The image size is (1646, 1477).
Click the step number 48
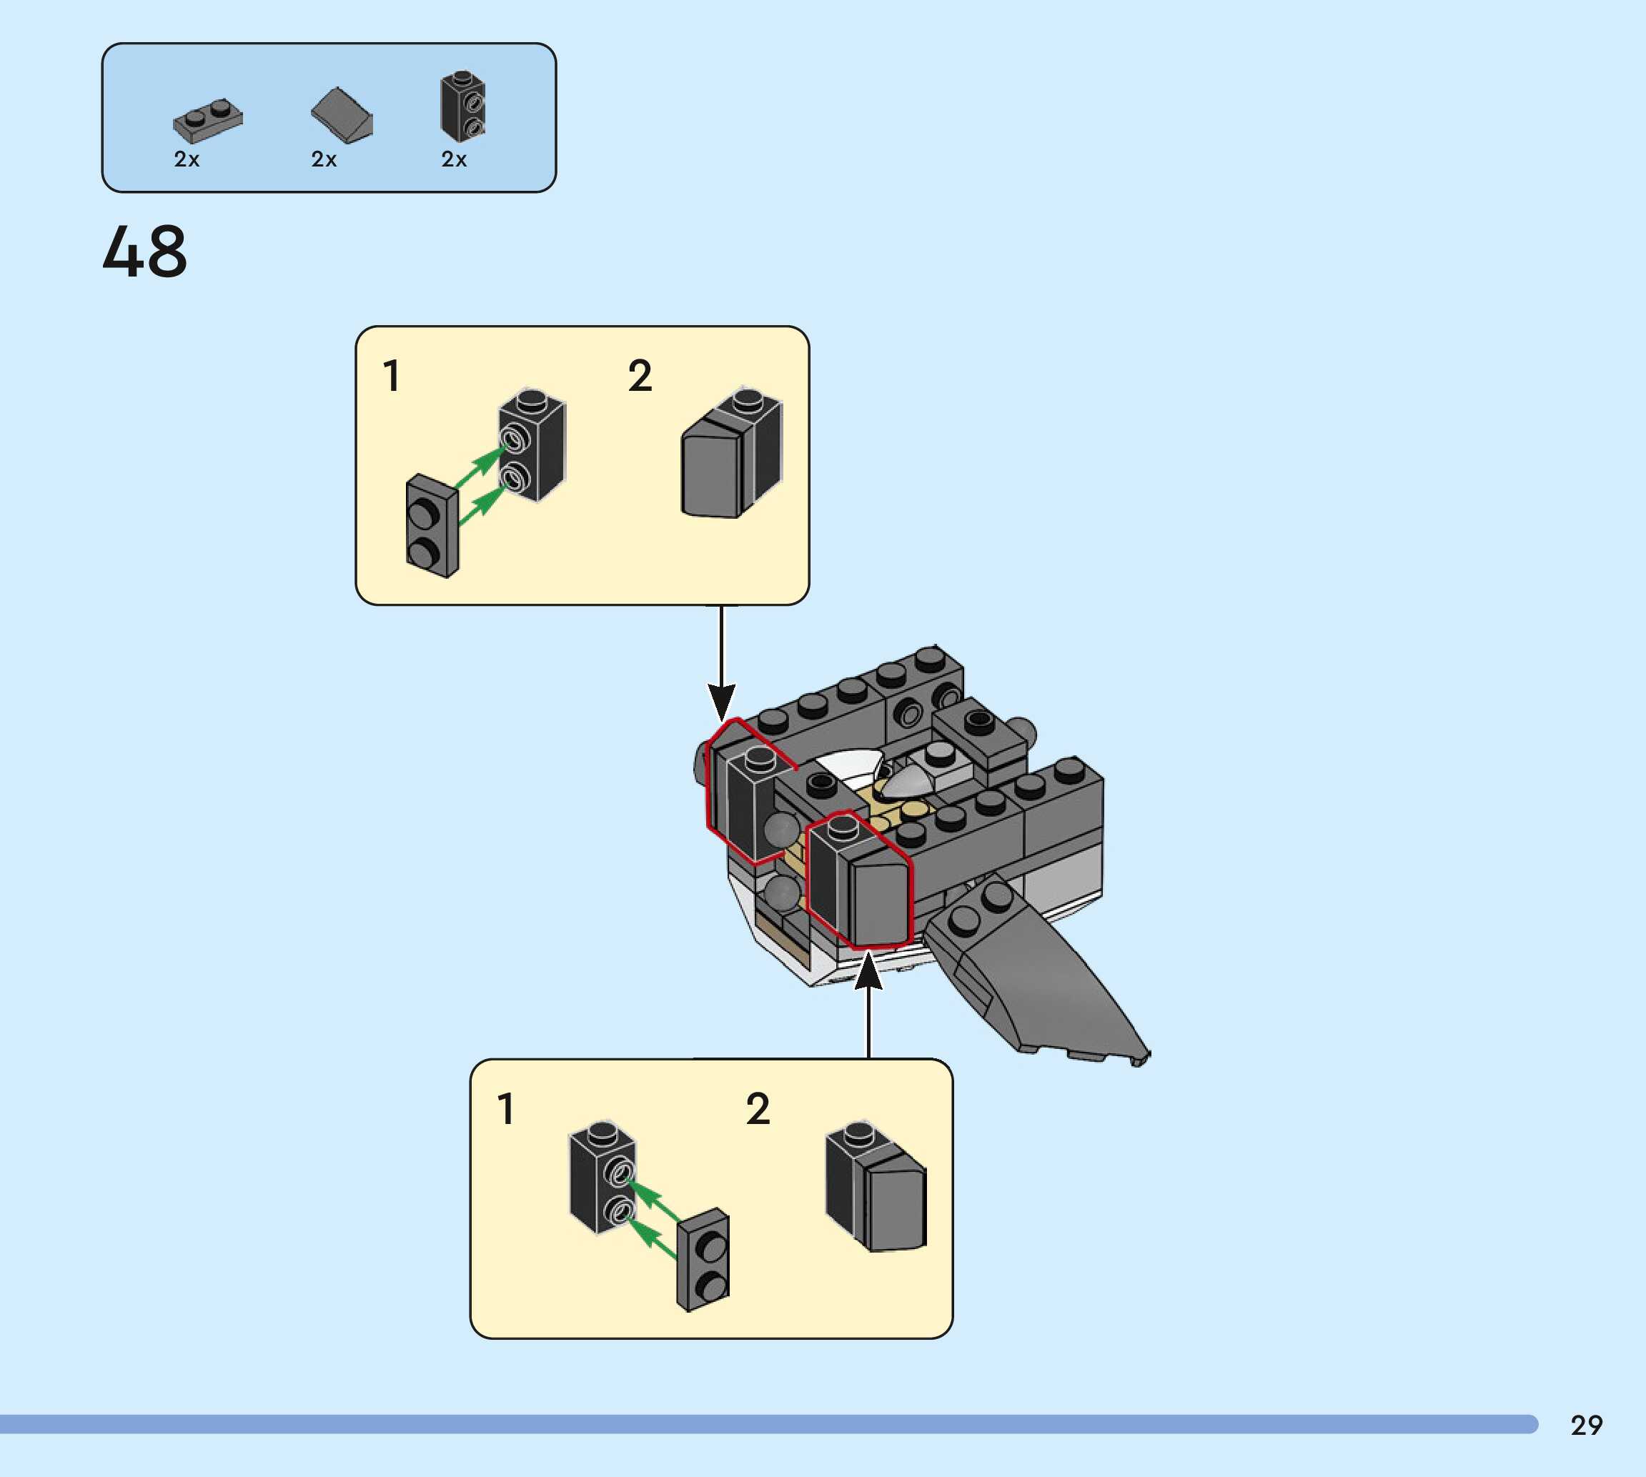144,252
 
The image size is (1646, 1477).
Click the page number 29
1586,1425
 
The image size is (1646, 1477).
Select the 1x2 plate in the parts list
208,120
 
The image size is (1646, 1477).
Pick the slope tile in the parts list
342,115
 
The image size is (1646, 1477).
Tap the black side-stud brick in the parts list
462,106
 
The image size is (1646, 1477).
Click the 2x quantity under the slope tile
324,159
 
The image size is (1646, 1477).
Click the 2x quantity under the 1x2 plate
187,159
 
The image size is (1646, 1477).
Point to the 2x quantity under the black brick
454,159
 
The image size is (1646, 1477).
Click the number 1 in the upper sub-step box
391,377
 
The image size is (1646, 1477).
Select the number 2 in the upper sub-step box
640,377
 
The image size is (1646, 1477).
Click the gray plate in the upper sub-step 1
432,526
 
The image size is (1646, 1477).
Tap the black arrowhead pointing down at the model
720,701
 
